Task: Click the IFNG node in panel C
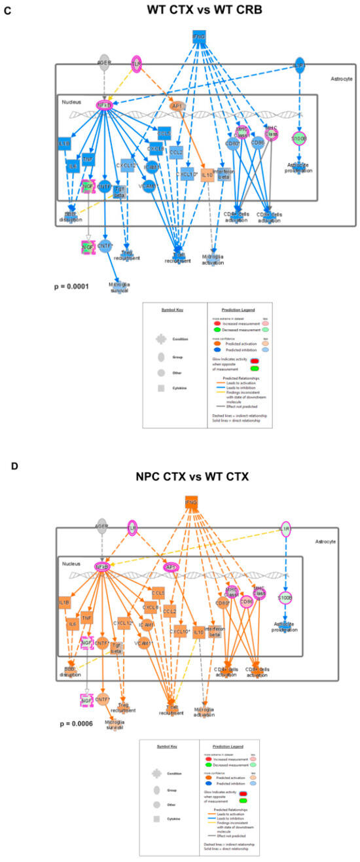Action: point(200,37)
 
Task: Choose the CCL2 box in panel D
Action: point(169,611)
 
